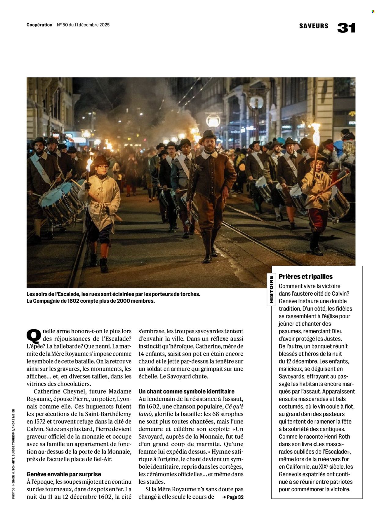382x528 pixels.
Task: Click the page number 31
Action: click(346, 28)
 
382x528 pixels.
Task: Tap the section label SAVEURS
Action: click(314, 26)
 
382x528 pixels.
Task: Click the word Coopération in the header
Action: click(39, 25)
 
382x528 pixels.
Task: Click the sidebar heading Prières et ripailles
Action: click(306, 276)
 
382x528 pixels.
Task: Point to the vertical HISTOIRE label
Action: click(271, 290)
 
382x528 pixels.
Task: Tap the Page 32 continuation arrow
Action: click(233, 497)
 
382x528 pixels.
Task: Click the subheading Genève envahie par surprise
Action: click(64, 474)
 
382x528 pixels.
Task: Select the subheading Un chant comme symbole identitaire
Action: click(186, 391)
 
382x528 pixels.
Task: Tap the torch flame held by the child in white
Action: click(89, 164)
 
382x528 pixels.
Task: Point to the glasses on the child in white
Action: click(103, 167)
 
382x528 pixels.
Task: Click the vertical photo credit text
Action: click(13, 454)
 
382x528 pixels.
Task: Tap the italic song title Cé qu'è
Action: click(234, 406)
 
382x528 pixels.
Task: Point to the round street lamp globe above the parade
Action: click(213, 120)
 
